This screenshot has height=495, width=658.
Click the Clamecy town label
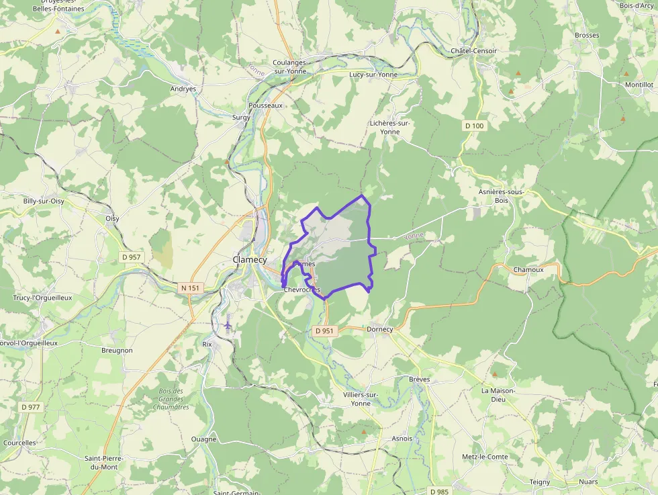click(x=250, y=260)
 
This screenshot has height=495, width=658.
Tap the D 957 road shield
click(x=132, y=257)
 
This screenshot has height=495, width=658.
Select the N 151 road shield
click(x=191, y=288)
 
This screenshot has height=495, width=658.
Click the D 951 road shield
click(x=324, y=330)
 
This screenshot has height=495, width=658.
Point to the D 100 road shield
click(x=474, y=126)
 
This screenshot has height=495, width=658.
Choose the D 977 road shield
click(x=30, y=406)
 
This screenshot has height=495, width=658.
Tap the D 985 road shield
click(x=438, y=491)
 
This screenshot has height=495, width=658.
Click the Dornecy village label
click(x=379, y=329)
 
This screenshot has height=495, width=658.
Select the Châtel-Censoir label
click(x=474, y=51)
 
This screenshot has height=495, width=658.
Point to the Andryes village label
click(x=183, y=89)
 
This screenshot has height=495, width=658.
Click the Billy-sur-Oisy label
click(x=44, y=201)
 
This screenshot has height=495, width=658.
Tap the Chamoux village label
click(x=528, y=269)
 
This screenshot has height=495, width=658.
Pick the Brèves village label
click(x=419, y=379)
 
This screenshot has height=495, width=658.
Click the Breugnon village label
click(x=117, y=350)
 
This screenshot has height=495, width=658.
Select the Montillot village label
click(x=639, y=85)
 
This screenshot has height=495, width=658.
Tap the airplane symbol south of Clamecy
click(x=228, y=325)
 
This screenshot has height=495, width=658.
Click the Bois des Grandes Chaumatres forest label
click(x=171, y=399)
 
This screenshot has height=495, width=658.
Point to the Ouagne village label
click(x=203, y=439)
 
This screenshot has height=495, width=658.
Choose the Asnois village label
click(x=402, y=439)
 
